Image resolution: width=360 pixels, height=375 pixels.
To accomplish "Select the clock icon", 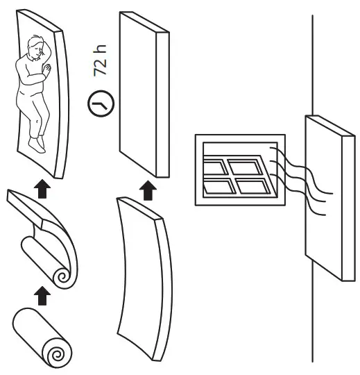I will point(100,105).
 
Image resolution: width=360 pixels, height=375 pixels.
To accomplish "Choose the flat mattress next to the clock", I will point(142,94).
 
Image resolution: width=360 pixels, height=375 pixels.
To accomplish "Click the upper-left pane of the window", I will point(217,165).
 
